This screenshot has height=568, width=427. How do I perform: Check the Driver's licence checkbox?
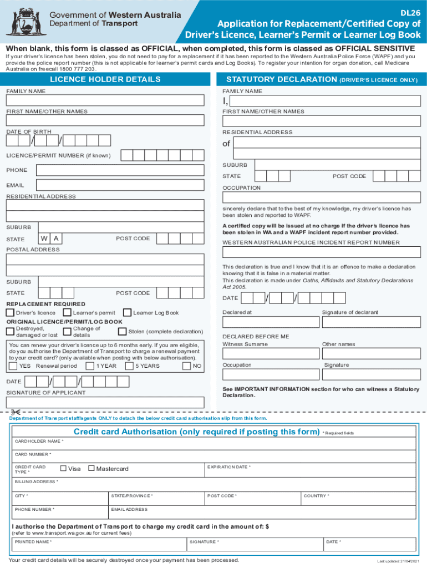[x=10, y=313]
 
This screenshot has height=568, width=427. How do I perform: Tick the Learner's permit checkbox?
[x=68, y=313]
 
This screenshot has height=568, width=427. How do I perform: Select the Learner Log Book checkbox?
[x=128, y=313]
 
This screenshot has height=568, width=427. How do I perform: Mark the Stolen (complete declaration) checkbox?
[x=123, y=332]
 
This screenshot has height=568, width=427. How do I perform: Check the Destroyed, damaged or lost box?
[x=10, y=332]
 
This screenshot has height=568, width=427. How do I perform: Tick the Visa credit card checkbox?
[x=64, y=469]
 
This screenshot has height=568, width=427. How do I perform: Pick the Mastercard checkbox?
[x=91, y=469]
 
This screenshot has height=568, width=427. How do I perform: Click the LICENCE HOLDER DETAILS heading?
[x=105, y=79]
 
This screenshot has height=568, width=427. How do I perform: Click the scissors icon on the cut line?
[x=16, y=412]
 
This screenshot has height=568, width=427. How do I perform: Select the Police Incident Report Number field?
[x=322, y=252]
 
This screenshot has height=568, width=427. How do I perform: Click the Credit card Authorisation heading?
[x=196, y=432]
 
